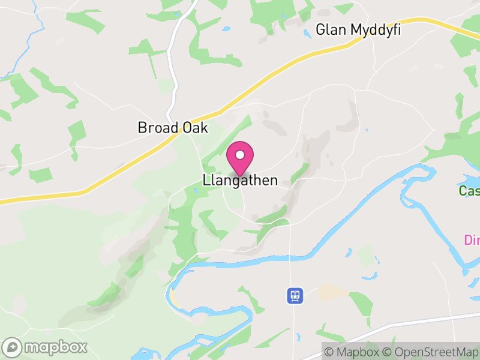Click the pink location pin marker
pos(240,158)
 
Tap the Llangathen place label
pos(240,180)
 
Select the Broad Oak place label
pos(172,128)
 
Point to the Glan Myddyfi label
pos(358,29)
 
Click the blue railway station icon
pos(295,295)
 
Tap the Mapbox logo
pos(46,347)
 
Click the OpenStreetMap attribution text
pos(430,352)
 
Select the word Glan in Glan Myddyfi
pos(331,29)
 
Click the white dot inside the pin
pos(240,155)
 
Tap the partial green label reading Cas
pos(469,191)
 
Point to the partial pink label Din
pos(472,240)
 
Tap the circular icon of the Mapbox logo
pos(13,347)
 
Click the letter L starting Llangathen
pos(206,180)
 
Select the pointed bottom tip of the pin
pos(240,176)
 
